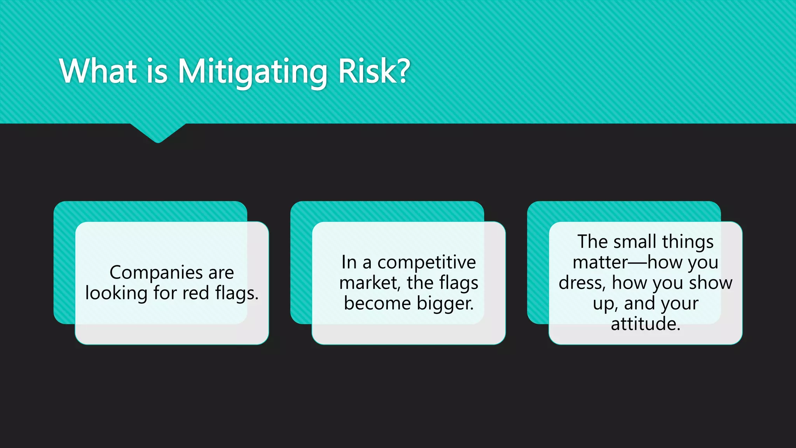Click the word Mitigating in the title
[x=253, y=72]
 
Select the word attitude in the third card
[x=645, y=324]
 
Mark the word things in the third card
[x=688, y=242]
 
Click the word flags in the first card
[x=236, y=293]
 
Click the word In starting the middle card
[x=349, y=262]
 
